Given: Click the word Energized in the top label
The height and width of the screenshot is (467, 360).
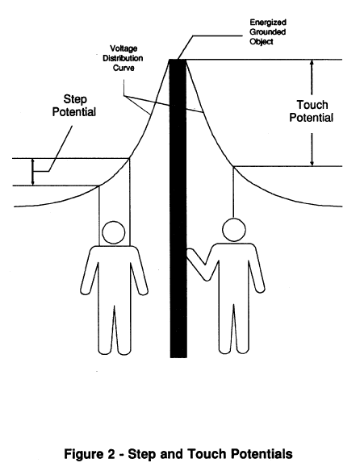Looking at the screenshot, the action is point(268,23).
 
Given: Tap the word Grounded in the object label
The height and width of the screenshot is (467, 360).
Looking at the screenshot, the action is point(268,32).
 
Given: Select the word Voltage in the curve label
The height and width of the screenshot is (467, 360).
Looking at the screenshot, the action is point(123,49).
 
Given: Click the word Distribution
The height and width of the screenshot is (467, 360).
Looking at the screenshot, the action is point(123,58).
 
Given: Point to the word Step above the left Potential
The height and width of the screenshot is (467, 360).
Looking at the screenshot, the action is point(75,100).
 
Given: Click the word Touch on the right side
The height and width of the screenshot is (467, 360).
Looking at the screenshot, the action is point(312,105).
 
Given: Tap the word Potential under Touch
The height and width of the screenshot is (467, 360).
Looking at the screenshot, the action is point(311,118).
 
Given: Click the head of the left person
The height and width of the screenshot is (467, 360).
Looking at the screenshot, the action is point(113,232).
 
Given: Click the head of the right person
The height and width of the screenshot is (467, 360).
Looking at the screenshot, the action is point(234,230).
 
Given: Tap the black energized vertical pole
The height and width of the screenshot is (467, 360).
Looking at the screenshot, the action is point(178,208).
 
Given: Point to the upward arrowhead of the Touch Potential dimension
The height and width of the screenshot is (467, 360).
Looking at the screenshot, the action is point(312,63).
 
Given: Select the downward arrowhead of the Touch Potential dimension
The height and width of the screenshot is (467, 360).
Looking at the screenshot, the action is point(312,163).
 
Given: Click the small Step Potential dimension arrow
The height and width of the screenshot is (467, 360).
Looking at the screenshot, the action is point(33,172).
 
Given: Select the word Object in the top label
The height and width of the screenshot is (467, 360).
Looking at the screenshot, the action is point(261,42).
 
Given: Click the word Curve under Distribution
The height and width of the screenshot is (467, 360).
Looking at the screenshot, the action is point(123,68).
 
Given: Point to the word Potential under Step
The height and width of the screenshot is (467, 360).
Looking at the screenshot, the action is point(74,112).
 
